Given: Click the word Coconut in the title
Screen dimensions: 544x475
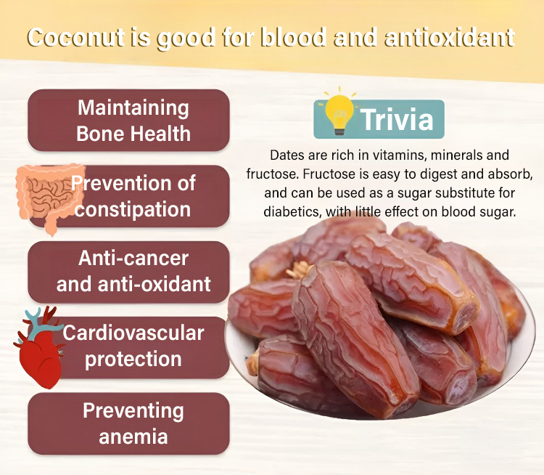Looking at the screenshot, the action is click(75, 37).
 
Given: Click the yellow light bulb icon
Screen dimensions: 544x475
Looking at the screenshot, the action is click(339, 113).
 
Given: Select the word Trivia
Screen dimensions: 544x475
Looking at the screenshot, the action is click(397, 119).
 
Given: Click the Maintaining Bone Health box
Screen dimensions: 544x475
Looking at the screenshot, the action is click(128, 121).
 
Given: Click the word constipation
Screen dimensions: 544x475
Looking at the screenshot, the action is click(133, 209).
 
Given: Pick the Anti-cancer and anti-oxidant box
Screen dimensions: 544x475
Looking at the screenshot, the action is click(128, 272).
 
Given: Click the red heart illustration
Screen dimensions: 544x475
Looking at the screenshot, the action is click(39, 347).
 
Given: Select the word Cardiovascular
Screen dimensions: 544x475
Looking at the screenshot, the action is click(133, 333).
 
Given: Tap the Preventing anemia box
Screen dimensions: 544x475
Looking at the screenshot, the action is click(128, 423).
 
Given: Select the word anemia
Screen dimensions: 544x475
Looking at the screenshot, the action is click(133, 437).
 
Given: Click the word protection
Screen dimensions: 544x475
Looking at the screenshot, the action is click(133, 360).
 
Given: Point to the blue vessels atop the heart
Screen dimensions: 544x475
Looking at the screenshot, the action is click(41, 323).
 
